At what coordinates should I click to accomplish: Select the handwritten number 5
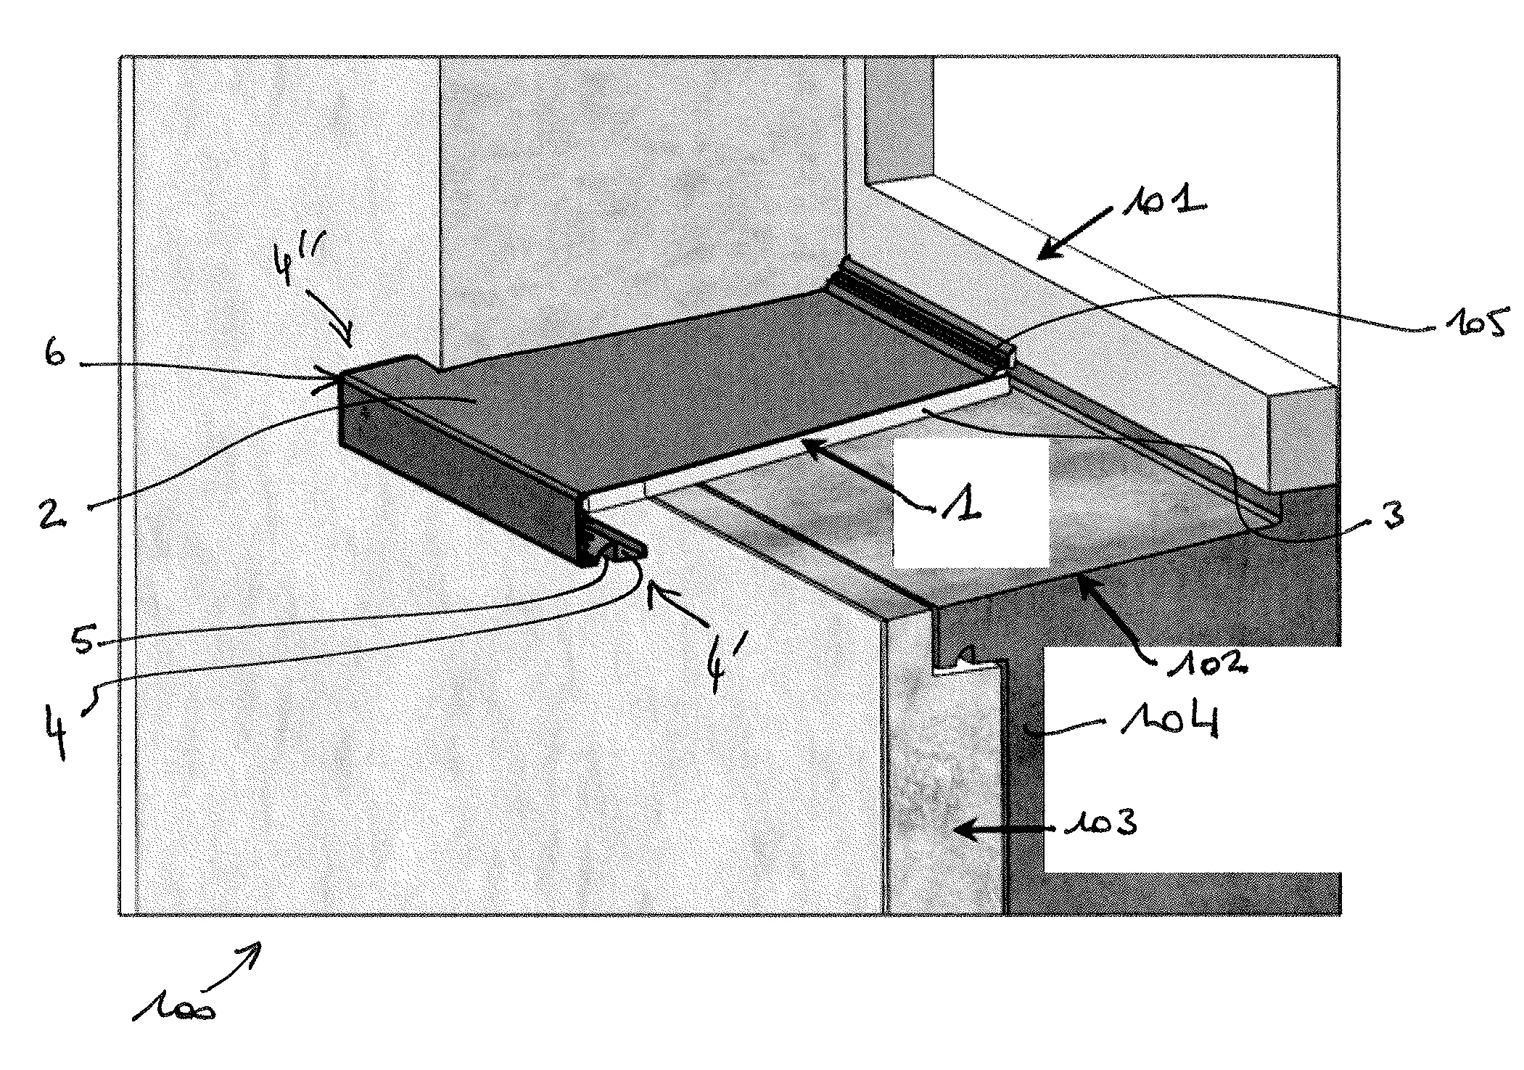click(x=85, y=640)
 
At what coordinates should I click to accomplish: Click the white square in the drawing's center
click(x=971, y=504)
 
